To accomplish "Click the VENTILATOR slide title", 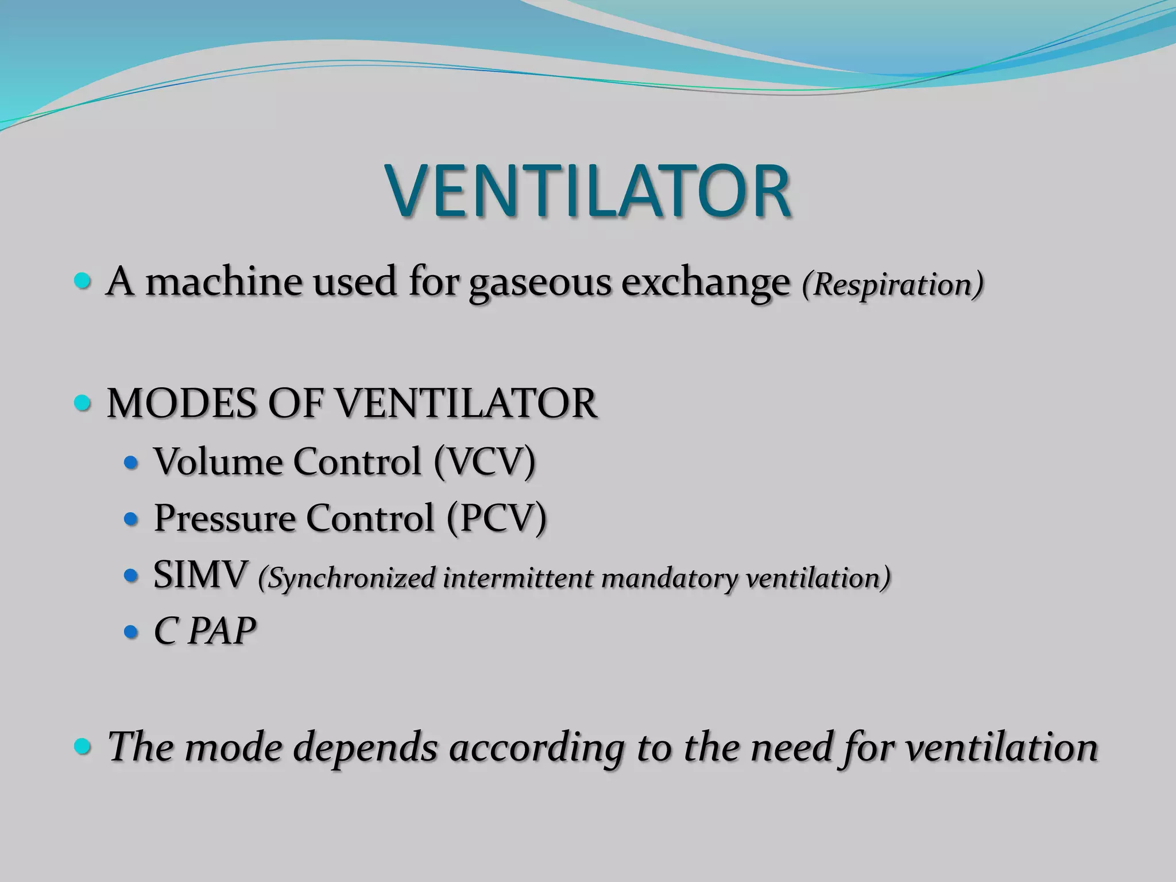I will tap(588, 191).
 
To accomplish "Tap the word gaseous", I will tap(540, 284).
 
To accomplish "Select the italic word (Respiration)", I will tap(892, 285).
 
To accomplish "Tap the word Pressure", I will tap(225, 519).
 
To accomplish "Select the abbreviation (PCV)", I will tap(496, 519).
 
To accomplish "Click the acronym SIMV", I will tap(200, 575).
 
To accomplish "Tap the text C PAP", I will tap(204, 632).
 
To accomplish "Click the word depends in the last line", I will tap(366, 748).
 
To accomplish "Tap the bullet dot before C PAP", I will tap(131, 632).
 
